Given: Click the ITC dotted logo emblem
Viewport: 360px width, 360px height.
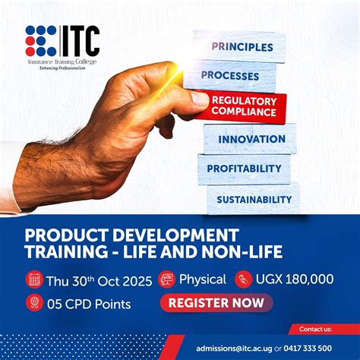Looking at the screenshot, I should pyautogui.click(x=41, y=40).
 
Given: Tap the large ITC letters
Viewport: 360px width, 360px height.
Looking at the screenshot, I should pyautogui.click(x=80, y=38).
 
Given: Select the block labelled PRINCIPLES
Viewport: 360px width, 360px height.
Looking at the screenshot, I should pyautogui.click(x=242, y=46).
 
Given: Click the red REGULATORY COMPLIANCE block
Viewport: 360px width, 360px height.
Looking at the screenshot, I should pyautogui.click(x=243, y=106).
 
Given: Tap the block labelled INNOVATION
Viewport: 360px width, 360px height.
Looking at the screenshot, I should pyautogui.click(x=251, y=139).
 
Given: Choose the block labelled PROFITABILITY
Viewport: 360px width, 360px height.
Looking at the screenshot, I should pyautogui.click(x=244, y=168).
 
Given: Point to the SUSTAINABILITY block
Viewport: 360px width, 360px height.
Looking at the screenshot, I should pyautogui.click(x=254, y=199).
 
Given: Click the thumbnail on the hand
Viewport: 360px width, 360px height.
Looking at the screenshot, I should pyautogui.click(x=200, y=99).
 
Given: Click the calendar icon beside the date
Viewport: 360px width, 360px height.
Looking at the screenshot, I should pyautogui.click(x=34, y=279).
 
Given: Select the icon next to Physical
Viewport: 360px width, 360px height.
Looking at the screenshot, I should pyautogui.click(x=166, y=279).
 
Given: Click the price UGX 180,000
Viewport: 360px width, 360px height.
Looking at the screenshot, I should pyautogui.click(x=294, y=279).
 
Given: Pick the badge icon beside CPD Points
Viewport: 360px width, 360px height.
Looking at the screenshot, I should pyautogui.click(x=34, y=304).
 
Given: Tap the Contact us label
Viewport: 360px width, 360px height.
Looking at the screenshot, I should pyautogui.click(x=315, y=330).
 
